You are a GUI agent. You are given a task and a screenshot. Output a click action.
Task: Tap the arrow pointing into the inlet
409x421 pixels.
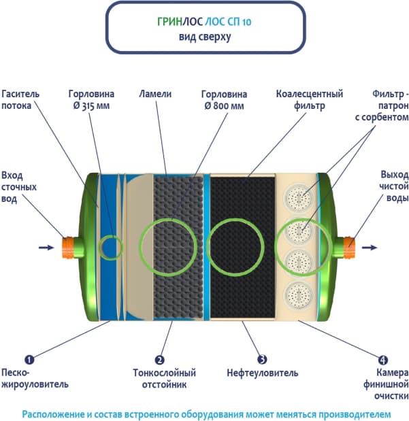46,247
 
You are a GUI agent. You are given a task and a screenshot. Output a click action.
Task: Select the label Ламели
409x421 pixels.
154,94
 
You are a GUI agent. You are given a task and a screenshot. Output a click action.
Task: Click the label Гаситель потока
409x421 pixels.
22,100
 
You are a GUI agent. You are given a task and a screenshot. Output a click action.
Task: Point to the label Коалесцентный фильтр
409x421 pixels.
309,100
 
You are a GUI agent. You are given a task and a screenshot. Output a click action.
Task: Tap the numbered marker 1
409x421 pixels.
30,359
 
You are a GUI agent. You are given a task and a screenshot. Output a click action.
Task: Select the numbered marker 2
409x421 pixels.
159,359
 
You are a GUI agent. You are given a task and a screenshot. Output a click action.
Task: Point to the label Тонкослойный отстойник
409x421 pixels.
164,379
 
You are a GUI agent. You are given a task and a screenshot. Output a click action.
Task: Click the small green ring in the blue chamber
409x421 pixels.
110,246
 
